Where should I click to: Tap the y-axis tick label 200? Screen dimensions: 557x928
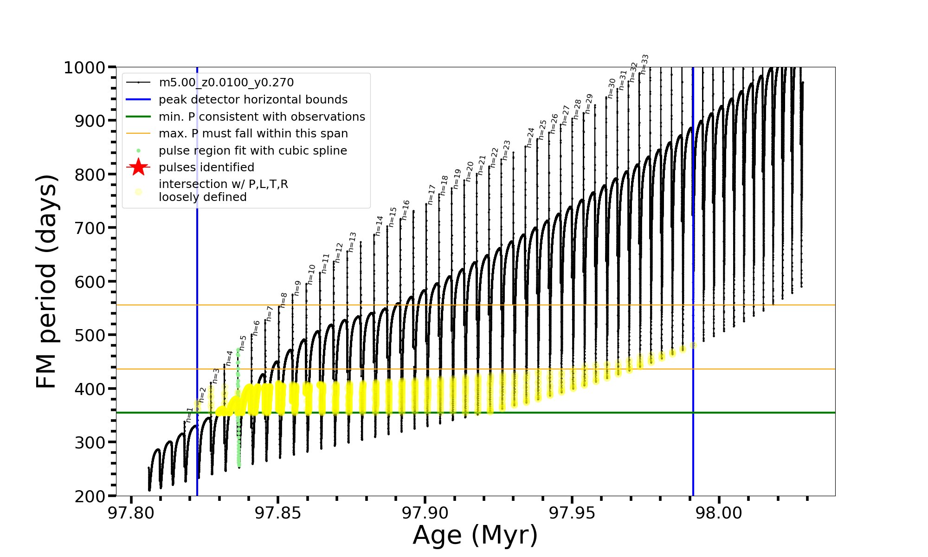pos(90,496)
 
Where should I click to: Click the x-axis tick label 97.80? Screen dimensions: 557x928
pos(131,513)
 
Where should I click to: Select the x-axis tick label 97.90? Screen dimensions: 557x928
pos(425,513)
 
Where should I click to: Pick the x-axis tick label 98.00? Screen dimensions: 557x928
pos(719,513)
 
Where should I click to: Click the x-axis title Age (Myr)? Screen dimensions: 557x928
pos(475,535)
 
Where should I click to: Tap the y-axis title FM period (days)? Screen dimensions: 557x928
pos(46,281)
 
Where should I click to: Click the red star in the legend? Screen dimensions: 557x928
pos(138,167)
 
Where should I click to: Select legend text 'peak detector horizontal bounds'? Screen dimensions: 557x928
pos(253,100)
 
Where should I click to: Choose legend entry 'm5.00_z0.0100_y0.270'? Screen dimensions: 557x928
pos(226,83)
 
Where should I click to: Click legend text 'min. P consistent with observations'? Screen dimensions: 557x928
pos(262,117)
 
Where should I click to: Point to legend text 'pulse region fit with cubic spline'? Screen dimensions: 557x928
pos(252,151)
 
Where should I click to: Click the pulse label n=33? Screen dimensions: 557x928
pos(644,64)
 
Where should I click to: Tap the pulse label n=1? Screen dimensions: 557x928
pos(189,415)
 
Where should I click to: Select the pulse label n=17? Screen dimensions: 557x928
pos(432,194)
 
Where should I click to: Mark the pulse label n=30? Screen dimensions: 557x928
pos(612,88)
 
